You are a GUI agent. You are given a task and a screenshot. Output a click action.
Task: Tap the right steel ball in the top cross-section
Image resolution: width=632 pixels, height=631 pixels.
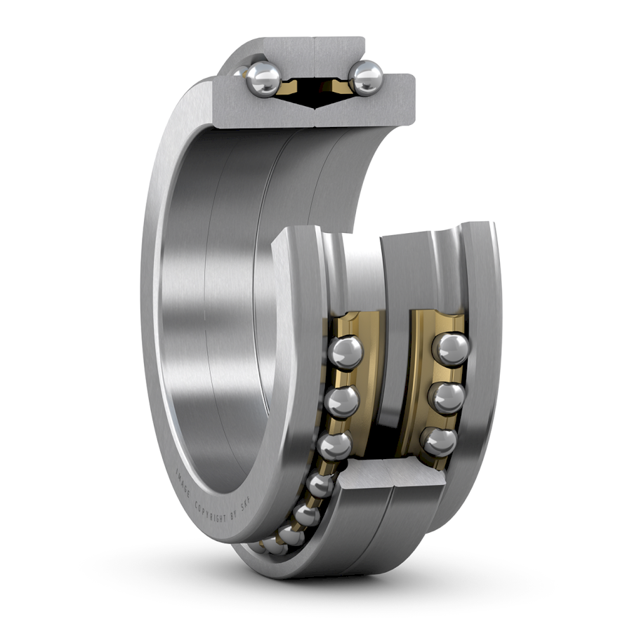pyautogui.click(x=366, y=78)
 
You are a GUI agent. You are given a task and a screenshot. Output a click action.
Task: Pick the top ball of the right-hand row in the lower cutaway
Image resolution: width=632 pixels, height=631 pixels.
pyautogui.click(x=450, y=349)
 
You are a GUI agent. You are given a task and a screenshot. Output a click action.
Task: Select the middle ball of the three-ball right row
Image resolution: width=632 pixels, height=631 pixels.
pyautogui.click(x=447, y=398)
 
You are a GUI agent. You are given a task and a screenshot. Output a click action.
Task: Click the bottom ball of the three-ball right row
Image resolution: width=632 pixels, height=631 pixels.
pyautogui.click(x=439, y=442)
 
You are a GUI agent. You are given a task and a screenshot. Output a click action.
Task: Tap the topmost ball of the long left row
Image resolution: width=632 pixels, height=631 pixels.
pyautogui.click(x=345, y=352)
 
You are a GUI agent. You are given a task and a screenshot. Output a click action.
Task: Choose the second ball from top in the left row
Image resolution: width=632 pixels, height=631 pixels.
pyautogui.click(x=342, y=402)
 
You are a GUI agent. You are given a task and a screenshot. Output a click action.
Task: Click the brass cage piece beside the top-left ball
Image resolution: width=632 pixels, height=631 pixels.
pyautogui.click(x=289, y=86)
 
